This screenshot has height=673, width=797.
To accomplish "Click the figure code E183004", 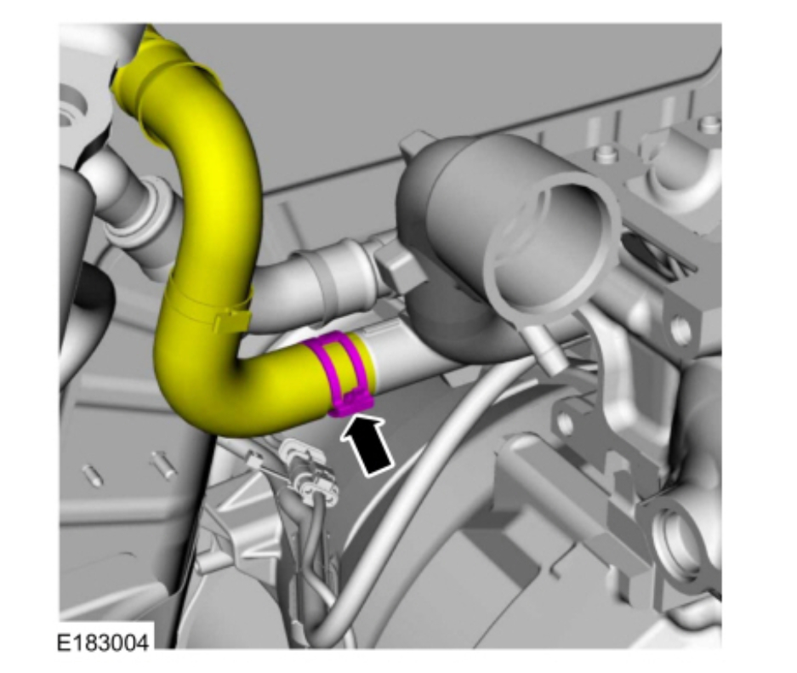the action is tap(103, 642).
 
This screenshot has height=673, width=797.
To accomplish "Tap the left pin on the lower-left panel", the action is tap(93, 476).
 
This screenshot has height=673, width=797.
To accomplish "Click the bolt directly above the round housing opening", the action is tap(604, 153).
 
